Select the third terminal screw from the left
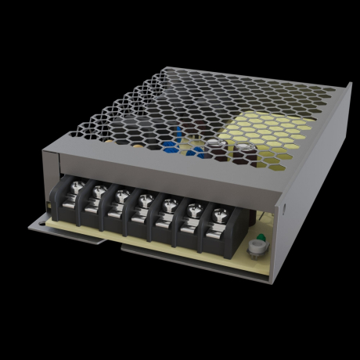tap(122, 195)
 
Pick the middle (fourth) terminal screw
tap(144, 200)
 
